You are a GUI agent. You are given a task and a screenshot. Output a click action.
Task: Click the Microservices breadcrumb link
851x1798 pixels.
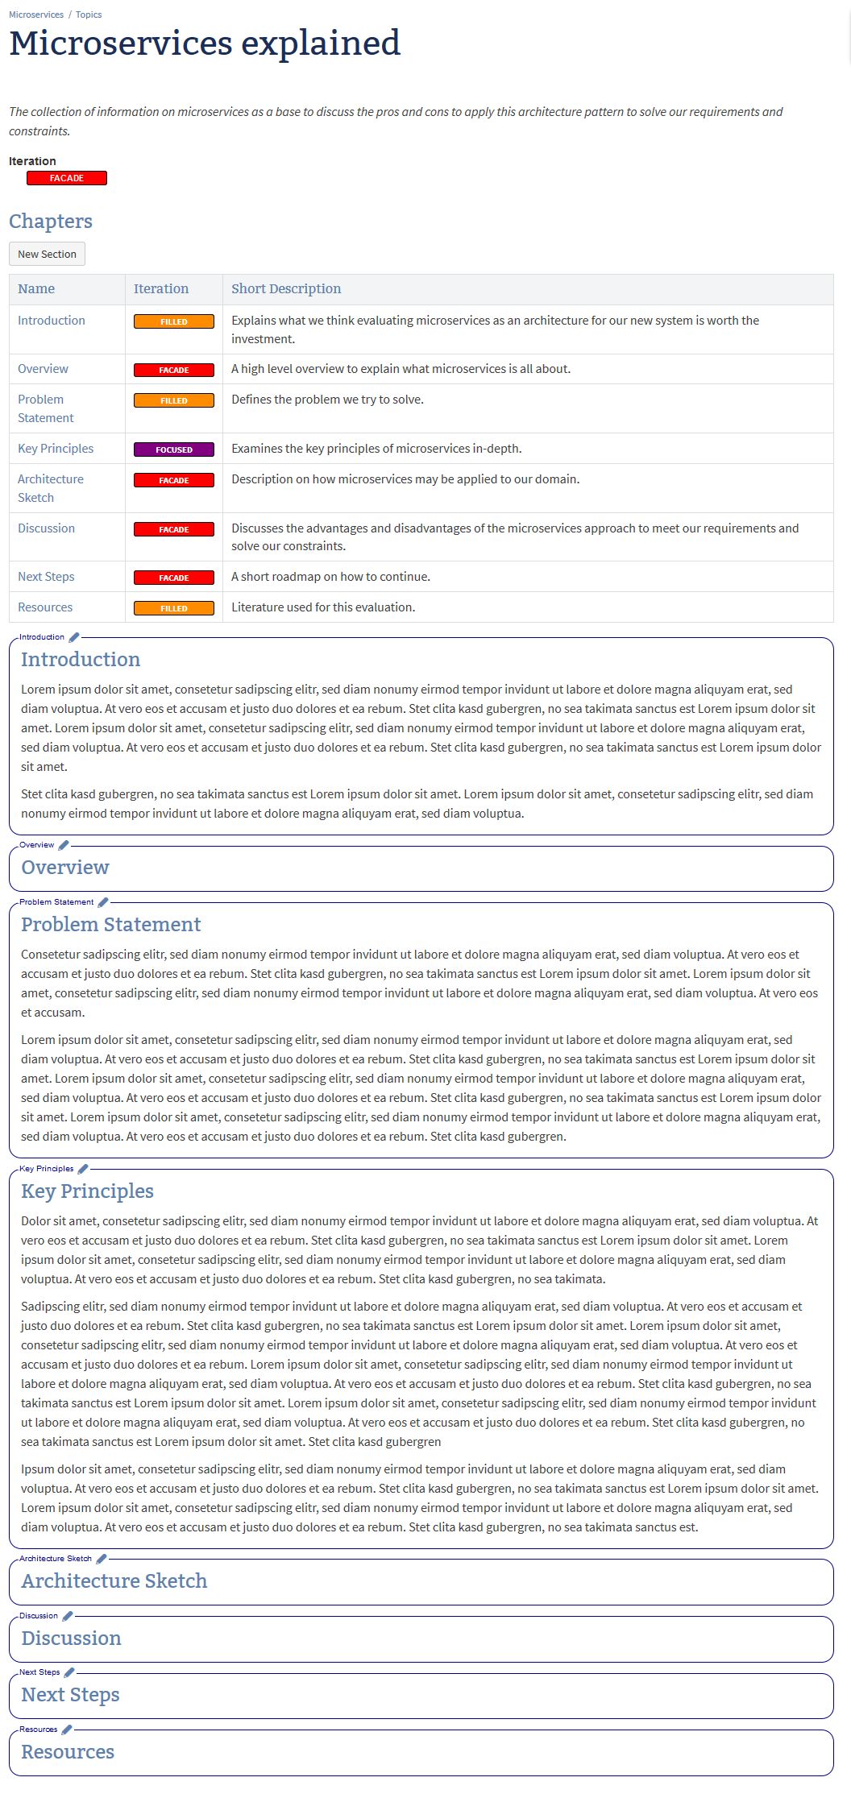pyautogui.click(x=36, y=14)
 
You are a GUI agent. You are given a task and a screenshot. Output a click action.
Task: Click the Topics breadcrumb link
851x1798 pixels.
pyautogui.click(x=89, y=14)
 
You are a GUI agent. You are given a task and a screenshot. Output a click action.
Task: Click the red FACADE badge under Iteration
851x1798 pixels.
pyautogui.click(x=67, y=178)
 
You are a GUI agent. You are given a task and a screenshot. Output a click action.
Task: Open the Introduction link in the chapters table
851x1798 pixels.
pyautogui.click(x=52, y=321)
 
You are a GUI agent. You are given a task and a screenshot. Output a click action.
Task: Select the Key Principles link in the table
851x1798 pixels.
pyautogui.click(x=56, y=449)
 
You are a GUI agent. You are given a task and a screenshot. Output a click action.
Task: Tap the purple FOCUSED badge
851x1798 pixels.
pyautogui.click(x=174, y=449)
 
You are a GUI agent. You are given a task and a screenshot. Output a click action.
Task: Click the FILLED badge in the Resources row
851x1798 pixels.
pyautogui.click(x=174, y=608)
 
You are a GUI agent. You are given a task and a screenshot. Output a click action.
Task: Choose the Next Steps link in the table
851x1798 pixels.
pyautogui.click(x=46, y=577)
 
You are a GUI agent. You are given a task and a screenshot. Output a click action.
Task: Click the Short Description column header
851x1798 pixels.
pyautogui.click(x=286, y=289)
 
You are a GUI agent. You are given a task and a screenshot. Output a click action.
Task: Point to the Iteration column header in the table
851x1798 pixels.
pyautogui.click(x=161, y=289)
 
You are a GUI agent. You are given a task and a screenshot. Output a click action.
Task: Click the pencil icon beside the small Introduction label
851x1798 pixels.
pyautogui.click(x=74, y=637)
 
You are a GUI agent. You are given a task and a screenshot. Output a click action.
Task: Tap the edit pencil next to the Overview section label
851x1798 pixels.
pyautogui.click(x=64, y=845)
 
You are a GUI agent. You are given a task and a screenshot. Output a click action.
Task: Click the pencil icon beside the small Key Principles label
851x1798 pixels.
pyautogui.click(x=83, y=1169)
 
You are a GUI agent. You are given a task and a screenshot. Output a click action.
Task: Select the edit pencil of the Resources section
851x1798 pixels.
pyautogui.click(x=67, y=1730)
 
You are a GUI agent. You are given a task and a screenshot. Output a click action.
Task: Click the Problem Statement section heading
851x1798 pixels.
pyautogui.click(x=111, y=925)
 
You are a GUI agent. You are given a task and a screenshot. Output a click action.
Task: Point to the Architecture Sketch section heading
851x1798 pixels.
pyautogui.click(x=114, y=1581)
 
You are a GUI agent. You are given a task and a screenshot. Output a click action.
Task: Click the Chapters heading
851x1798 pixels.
pyautogui.click(x=51, y=222)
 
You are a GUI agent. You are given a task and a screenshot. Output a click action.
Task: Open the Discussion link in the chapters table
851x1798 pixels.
pyautogui.click(x=46, y=528)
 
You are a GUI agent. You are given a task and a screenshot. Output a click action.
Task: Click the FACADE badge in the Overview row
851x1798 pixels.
pyautogui.click(x=174, y=371)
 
